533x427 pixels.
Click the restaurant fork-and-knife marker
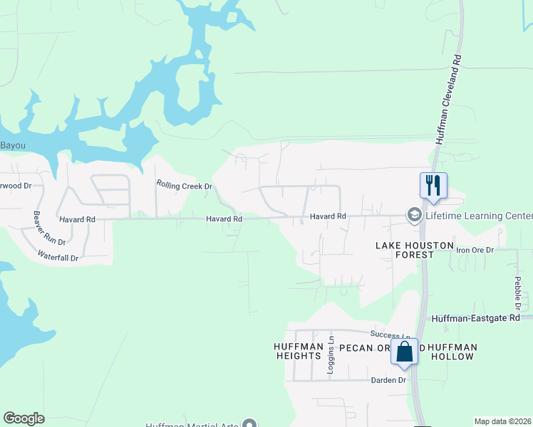[433, 186]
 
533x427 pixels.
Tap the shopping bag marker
[404, 352]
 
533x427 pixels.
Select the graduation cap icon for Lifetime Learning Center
[413, 215]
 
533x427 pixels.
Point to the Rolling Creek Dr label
[185, 185]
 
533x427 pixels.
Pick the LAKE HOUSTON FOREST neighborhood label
[415, 250]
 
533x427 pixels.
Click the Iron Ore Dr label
[475, 250]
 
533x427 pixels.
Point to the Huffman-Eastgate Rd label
[477, 318]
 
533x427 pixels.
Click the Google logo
[24, 418]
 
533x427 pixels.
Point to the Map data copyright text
[503, 421]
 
